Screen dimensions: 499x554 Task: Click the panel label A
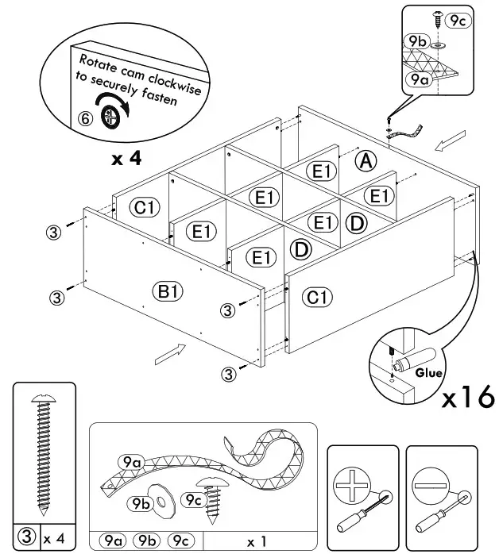pyautogui.click(x=366, y=161)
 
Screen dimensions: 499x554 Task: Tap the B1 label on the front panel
pyautogui.click(x=168, y=292)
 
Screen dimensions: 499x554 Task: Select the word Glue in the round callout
pyautogui.click(x=428, y=373)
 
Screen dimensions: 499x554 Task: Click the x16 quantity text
pyautogui.click(x=468, y=397)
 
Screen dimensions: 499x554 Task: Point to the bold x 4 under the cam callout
pyautogui.click(x=126, y=159)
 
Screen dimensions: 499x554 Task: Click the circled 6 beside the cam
pyautogui.click(x=85, y=119)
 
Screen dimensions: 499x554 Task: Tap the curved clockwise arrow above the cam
pyautogui.click(x=113, y=102)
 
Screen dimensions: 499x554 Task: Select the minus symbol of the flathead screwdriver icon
pyautogui.click(x=431, y=486)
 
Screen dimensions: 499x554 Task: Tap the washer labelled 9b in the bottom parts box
pyautogui.click(x=163, y=501)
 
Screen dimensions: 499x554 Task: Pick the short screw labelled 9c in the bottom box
pyautogui.click(x=212, y=500)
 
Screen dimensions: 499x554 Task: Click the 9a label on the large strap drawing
pyautogui.click(x=132, y=461)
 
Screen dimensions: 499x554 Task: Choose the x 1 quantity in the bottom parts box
pyautogui.click(x=257, y=541)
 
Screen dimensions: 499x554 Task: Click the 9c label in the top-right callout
pyautogui.click(x=458, y=21)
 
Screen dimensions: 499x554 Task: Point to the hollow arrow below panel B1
pyautogui.click(x=171, y=354)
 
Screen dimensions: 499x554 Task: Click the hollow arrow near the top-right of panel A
pyautogui.click(x=450, y=140)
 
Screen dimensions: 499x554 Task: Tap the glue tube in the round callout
pyautogui.click(x=416, y=359)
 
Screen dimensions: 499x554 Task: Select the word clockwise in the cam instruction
pyautogui.click(x=174, y=84)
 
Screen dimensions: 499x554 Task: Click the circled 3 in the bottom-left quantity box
pyautogui.click(x=27, y=537)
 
